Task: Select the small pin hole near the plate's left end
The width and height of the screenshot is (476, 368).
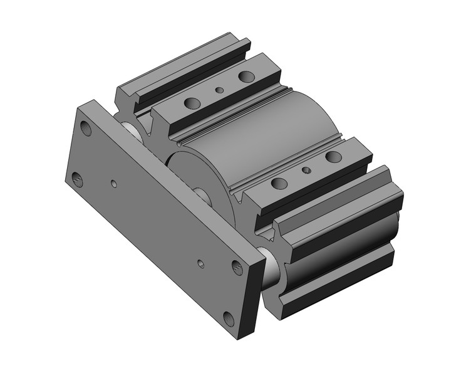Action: point(113,184)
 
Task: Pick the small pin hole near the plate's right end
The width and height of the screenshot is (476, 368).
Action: point(200,263)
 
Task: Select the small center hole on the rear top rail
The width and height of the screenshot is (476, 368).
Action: point(219,90)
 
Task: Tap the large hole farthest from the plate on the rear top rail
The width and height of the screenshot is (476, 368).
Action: point(246,76)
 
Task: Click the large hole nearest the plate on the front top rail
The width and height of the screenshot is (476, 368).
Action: point(279,183)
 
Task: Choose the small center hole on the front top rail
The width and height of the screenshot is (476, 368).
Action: point(306,170)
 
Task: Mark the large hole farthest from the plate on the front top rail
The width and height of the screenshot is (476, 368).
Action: point(333,156)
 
